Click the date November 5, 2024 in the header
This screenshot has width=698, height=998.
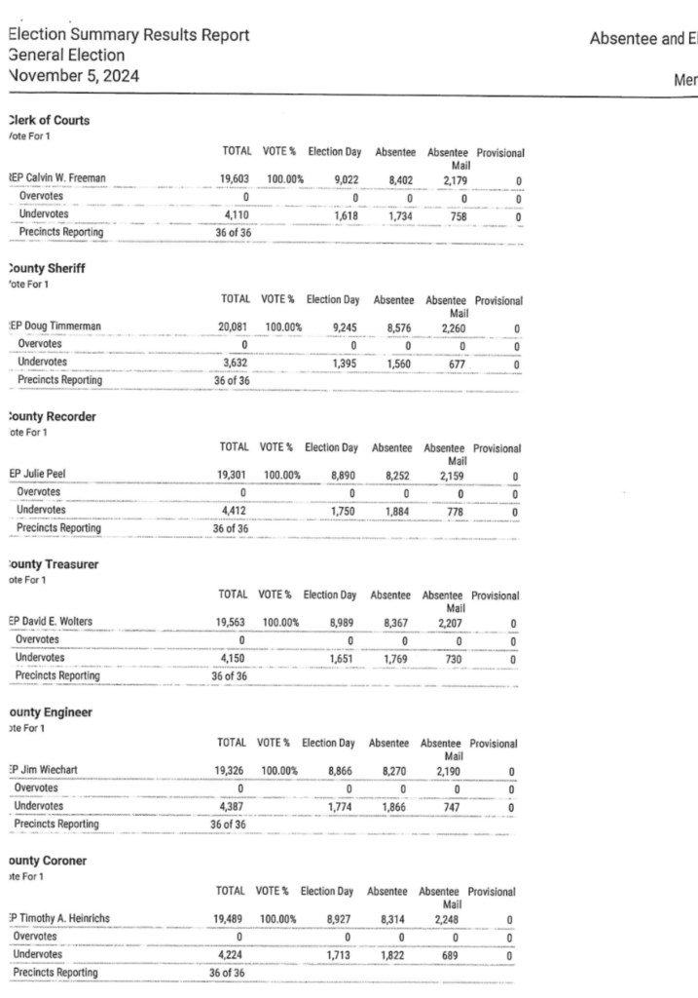pyautogui.click(x=72, y=74)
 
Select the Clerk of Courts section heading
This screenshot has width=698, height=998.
pyautogui.click(x=48, y=121)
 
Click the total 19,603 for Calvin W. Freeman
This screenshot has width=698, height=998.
pyautogui.click(x=239, y=179)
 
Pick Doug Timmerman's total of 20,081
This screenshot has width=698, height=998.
pyautogui.click(x=238, y=327)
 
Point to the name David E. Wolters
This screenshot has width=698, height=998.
pyautogui.click(x=62, y=622)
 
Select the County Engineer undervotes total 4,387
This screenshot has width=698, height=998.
pyautogui.click(x=232, y=807)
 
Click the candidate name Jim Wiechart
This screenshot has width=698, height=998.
pyautogui.click(x=49, y=770)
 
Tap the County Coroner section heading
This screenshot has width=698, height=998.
pyautogui.click(x=49, y=861)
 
